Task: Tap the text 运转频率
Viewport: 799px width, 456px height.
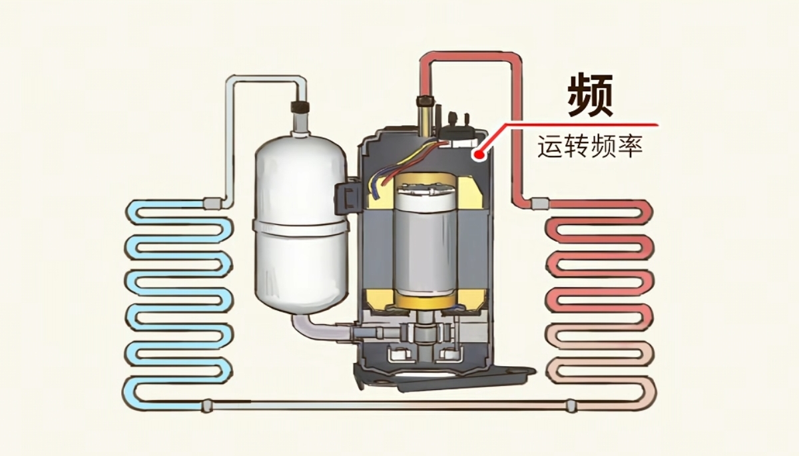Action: click(x=590, y=147)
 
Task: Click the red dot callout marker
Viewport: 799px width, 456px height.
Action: click(x=477, y=155)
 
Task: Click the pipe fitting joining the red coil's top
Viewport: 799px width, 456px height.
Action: click(x=537, y=201)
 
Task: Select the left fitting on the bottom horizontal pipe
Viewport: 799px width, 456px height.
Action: click(x=207, y=404)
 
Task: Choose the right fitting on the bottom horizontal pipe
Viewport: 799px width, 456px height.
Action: click(x=571, y=404)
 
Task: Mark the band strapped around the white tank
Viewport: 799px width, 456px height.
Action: click(x=300, y=227)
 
